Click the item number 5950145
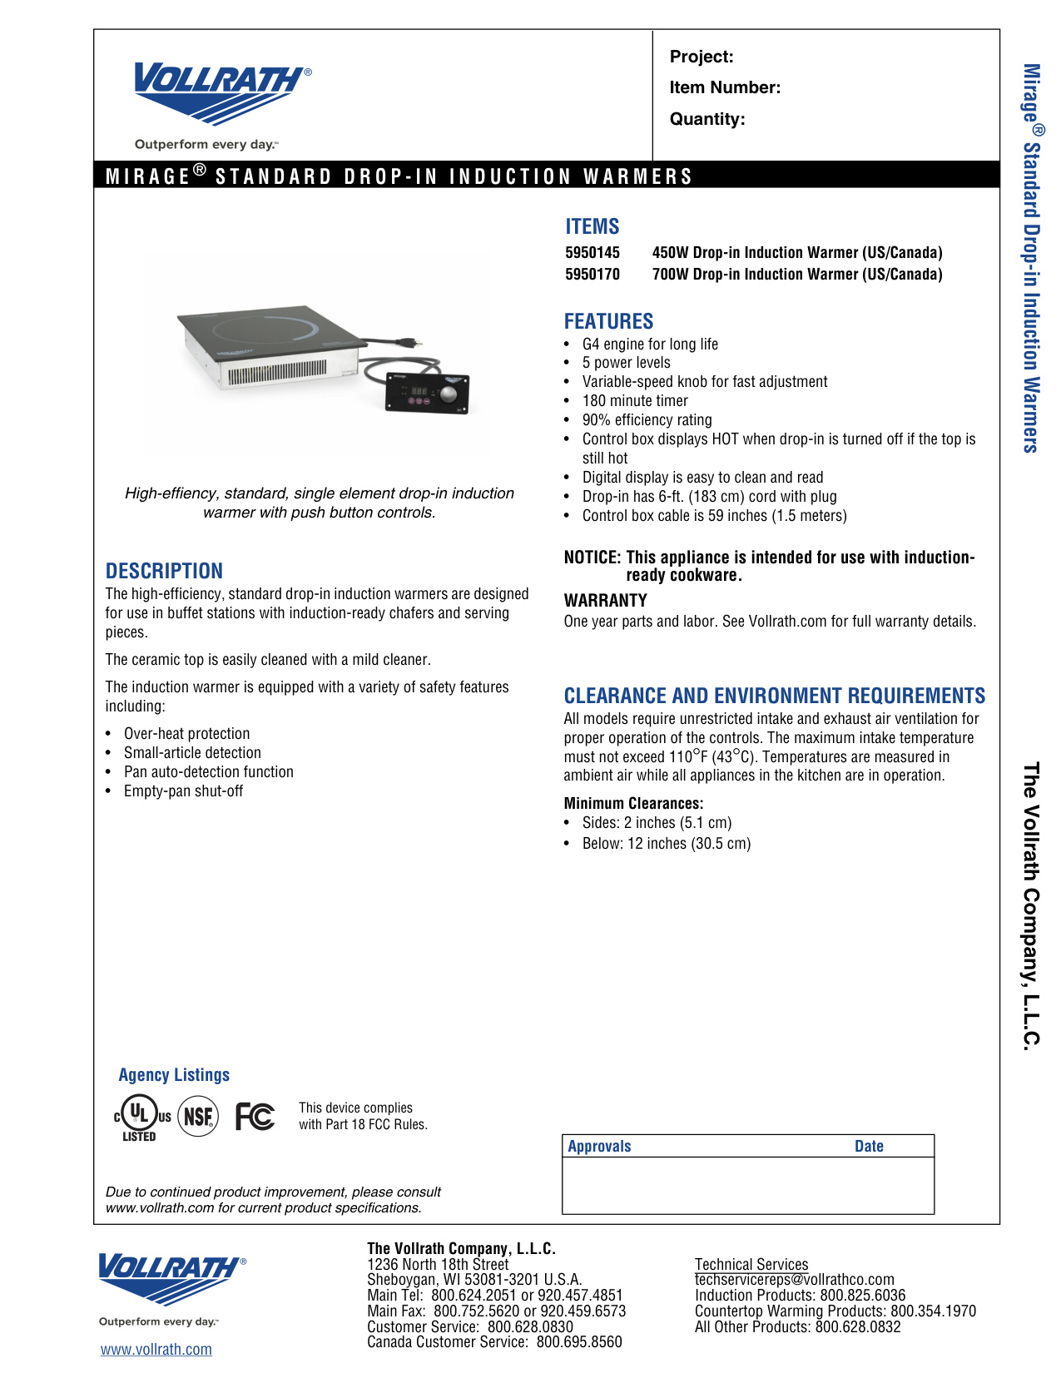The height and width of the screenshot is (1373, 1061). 592,253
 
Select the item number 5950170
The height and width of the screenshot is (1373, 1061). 592,275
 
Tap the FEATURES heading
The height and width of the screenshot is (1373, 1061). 608,321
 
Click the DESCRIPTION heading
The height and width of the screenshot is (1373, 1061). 164,571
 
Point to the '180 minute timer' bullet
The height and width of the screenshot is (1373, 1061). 635,401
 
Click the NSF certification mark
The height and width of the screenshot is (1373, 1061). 198,1117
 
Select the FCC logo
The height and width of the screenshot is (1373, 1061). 255,1116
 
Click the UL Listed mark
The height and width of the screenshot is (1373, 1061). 141,1117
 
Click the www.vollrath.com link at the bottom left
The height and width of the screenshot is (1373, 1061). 156,1350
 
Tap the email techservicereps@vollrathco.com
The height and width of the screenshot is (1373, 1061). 794,1280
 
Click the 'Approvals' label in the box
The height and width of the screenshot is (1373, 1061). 599,1147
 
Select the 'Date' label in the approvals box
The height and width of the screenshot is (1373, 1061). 869,1147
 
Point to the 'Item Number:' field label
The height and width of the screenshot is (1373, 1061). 725,88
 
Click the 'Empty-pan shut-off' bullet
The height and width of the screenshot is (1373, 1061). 183,791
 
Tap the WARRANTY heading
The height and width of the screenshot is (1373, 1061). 605,601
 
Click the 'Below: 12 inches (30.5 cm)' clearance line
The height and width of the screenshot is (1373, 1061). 666,844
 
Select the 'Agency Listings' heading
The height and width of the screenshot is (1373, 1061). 174,1075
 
